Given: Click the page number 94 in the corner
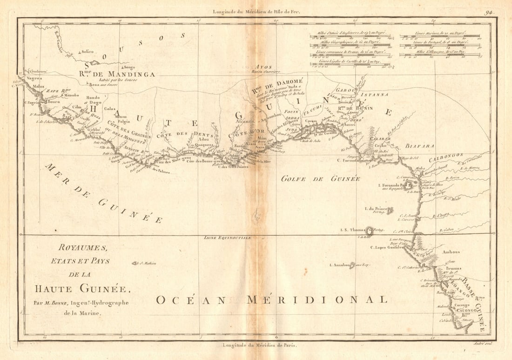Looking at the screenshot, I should [489, 13].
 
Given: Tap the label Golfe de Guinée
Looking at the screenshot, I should [321, 178].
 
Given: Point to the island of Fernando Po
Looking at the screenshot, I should [408, 185].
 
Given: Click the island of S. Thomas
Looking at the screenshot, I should [371, 230].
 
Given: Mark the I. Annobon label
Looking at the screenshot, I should [341, 265].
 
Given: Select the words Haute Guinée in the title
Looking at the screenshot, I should [82, 289].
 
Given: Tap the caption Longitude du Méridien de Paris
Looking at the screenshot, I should [259, 345].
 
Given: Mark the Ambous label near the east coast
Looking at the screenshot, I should [451, 252].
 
